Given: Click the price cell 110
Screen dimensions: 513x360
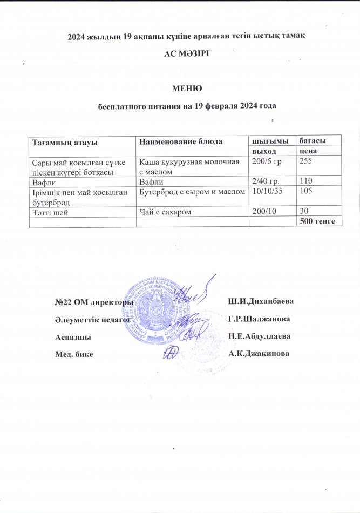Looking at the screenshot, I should pos(305,180).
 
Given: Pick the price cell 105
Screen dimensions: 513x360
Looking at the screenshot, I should pos(305,190).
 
